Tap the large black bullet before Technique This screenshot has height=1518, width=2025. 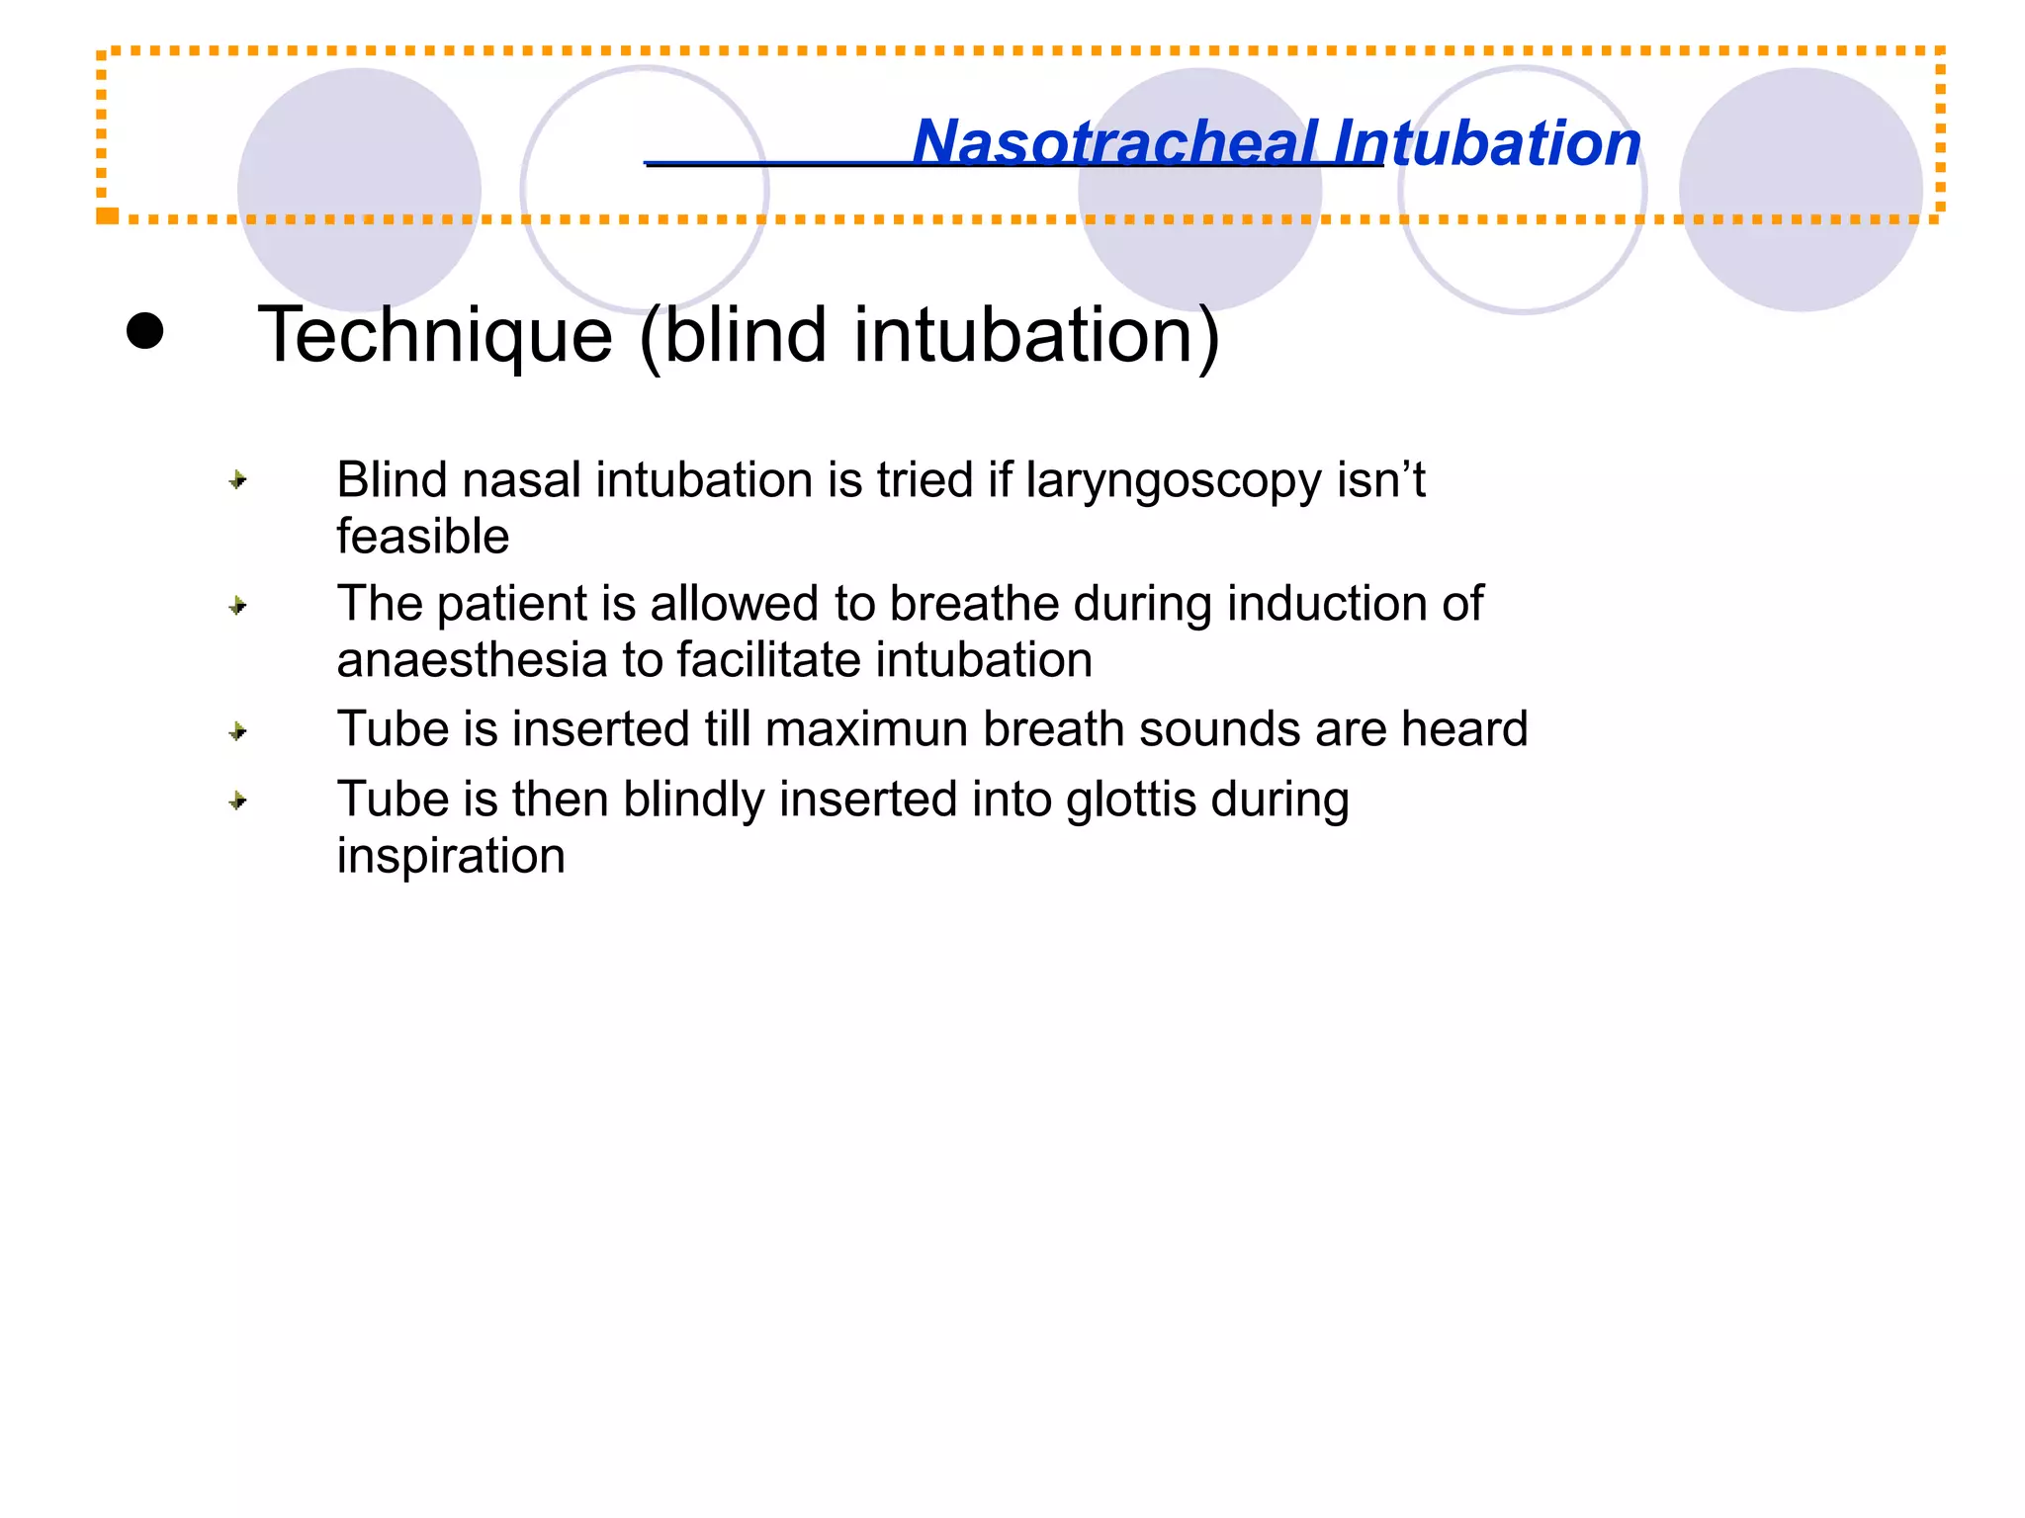tap(145, 331)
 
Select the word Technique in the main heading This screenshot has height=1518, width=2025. tap(435, 336)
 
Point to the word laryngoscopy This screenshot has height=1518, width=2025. tap(1173, 481)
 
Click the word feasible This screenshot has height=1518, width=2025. tap(422, 537)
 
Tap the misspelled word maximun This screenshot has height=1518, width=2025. tap(866, 729)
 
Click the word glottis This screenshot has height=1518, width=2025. tap(1131, 800)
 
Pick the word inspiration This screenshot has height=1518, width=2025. tap(451, 856)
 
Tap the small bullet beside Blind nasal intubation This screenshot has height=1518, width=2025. tap(237, 481)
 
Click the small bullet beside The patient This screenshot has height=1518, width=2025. tap(237, 606)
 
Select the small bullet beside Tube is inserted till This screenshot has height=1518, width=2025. tap(237, 732)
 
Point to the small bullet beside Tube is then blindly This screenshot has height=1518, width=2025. tap(237, 801)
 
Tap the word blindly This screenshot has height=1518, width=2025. tap(693, 800)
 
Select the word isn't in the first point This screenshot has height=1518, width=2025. tap(1380, 481)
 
